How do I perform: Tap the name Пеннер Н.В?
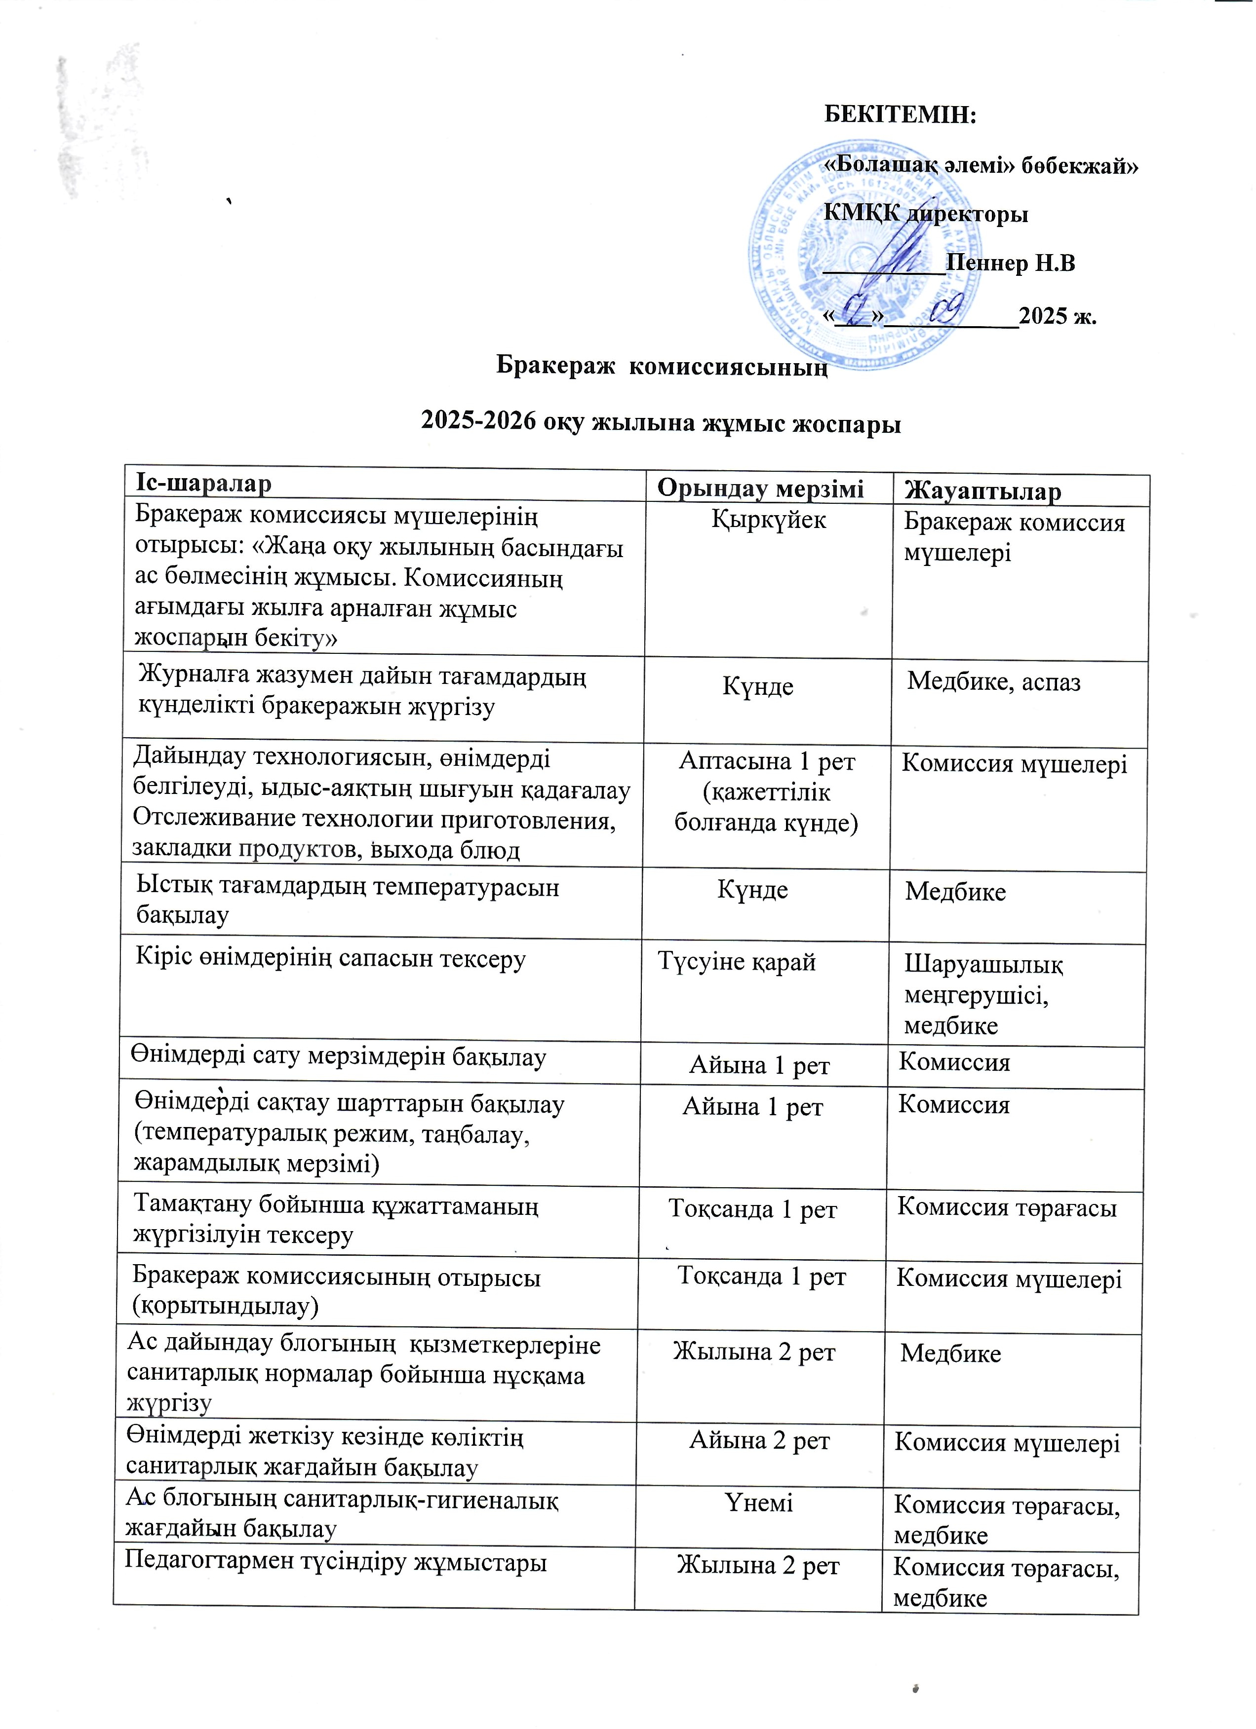tap(1011, 264)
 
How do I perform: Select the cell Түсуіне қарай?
tap(737, 962)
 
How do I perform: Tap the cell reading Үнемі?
tap(759, 1503)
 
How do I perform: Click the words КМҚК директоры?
tap(925, 214)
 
